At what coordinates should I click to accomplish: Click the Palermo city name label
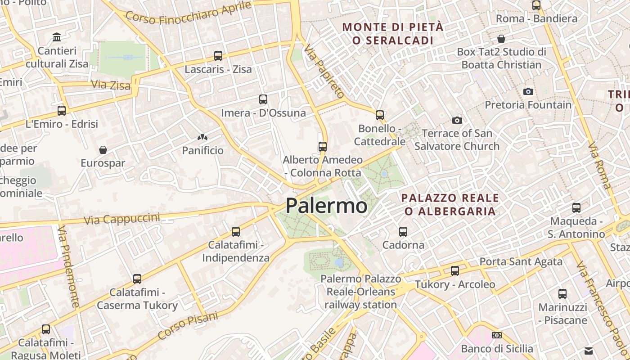click(x=327, y=206)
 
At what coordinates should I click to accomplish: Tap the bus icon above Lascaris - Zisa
click(x=218, y=56)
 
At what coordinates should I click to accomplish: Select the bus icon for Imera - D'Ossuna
click(x=263, y=99)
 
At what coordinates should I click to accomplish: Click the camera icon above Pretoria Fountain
click(x=528, y=92)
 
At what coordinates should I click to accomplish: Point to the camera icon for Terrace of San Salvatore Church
click(x=457, y=120)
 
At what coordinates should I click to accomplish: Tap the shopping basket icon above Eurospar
click(x=103, y=149)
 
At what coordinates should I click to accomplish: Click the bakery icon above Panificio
click(x=202, y=137)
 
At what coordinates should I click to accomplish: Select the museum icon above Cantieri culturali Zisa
click(x=57, y=37)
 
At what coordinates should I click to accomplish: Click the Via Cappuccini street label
click(x=122, y=219)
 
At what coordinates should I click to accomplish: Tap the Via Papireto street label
click(x=324, y=72)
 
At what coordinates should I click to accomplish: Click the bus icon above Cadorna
click(x=403, y=232)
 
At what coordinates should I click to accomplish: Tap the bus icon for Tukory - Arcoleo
click(x=455, y=271)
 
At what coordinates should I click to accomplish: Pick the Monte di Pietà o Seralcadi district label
click(x=393, y=34)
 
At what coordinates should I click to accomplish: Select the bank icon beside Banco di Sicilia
click(x=497, y=335)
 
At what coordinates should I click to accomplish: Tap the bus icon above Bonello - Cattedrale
click(x=380, y=115)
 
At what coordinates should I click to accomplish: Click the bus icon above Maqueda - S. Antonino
click(x=576, y=208)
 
